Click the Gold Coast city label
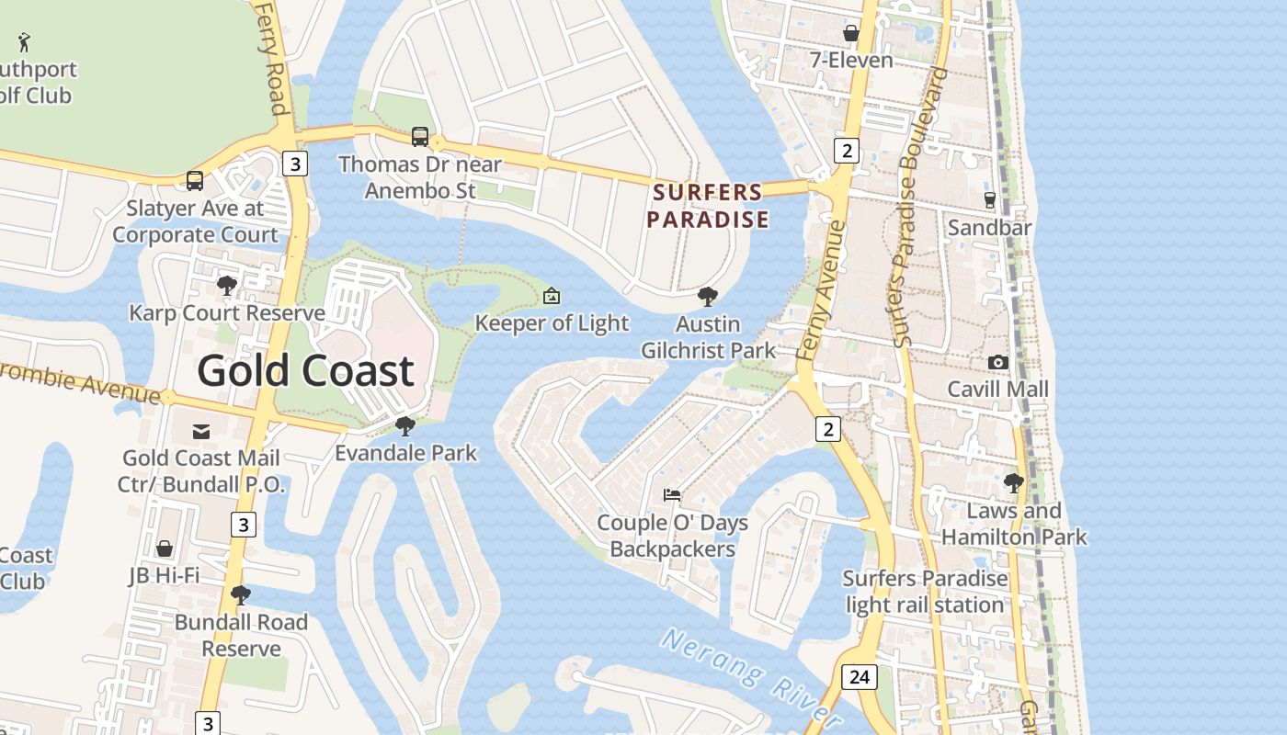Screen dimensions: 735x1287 (x=305, y=371)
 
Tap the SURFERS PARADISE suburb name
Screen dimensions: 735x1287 (x=707, y=206)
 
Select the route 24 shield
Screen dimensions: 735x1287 (x=859, y=677)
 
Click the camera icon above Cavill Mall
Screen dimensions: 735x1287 (x=997, y=363)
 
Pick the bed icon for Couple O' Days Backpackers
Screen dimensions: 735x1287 (x=672, y=495)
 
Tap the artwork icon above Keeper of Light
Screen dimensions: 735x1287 (x=552, y=296)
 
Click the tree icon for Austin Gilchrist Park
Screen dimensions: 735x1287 (x=707, y=297)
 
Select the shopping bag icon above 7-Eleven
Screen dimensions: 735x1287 (x=851, y=33)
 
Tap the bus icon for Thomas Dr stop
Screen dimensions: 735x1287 (x=420, y=137)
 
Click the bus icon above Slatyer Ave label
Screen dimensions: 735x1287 (x=195, y=181)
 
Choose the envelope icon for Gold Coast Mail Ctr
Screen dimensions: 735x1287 (x=201, y=431)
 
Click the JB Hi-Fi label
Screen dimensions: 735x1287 (x=164, y=576)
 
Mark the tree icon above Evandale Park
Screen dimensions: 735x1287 (x=404, y=426)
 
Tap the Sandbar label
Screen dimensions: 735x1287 (x=989, y=227)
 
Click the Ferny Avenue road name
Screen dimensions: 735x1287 (x=821, y=289)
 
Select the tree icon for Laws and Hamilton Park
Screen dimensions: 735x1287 (x=1014, y=483)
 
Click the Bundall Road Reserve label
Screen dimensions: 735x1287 (x=241, y=635)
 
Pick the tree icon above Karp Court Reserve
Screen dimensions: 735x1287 (x=226, y=286)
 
